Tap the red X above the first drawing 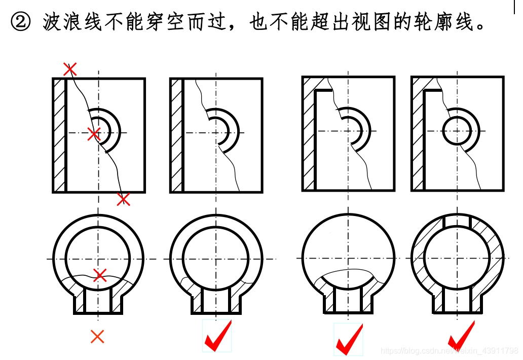70,69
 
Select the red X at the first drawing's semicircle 94,134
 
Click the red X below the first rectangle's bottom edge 123,199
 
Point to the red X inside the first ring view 100,275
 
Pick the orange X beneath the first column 97,336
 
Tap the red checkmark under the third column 349,339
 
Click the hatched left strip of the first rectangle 59,135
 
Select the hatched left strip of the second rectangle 176,135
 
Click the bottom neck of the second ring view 217,302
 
